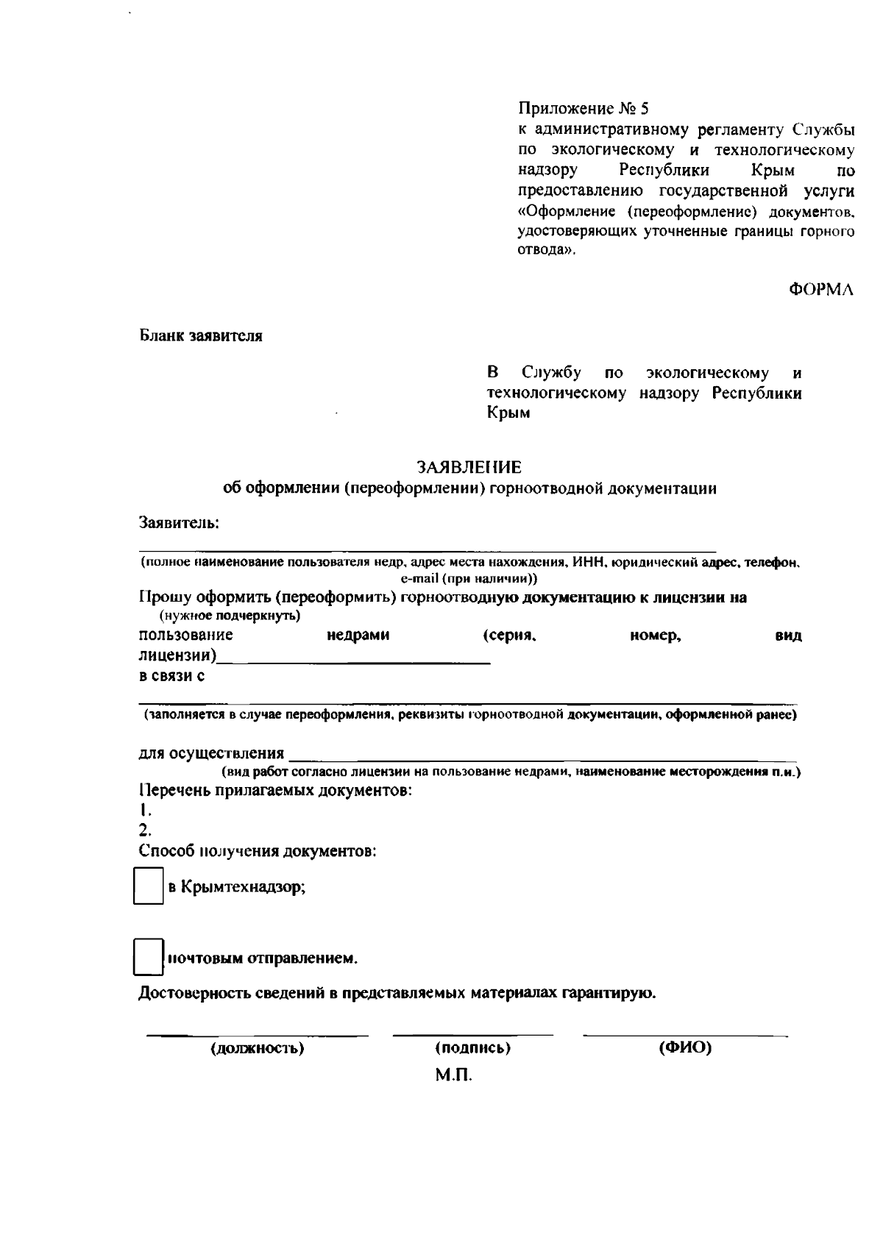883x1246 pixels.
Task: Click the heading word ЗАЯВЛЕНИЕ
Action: [x=469, y=468]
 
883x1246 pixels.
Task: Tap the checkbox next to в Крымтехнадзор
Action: [x=148, y=886]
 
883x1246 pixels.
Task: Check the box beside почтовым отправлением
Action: [x=148, y=957]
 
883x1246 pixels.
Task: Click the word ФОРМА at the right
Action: [x=821, y=290]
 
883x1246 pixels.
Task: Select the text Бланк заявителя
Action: [x=201, y=336]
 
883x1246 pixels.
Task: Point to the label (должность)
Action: [x=258, y=1048]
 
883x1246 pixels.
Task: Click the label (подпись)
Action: [x=473, y=1048]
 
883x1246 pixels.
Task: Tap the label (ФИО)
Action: [x=685, y=1048]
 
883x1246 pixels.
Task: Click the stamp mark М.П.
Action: [x=453, y=1076]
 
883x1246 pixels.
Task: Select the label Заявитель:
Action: [x=180, y=523]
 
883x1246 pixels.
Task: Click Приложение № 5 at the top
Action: [x=584, y=110]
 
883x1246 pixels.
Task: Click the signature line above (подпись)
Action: [x=473, y=1035]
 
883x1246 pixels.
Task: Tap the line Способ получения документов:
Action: [x=258, y=851]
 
